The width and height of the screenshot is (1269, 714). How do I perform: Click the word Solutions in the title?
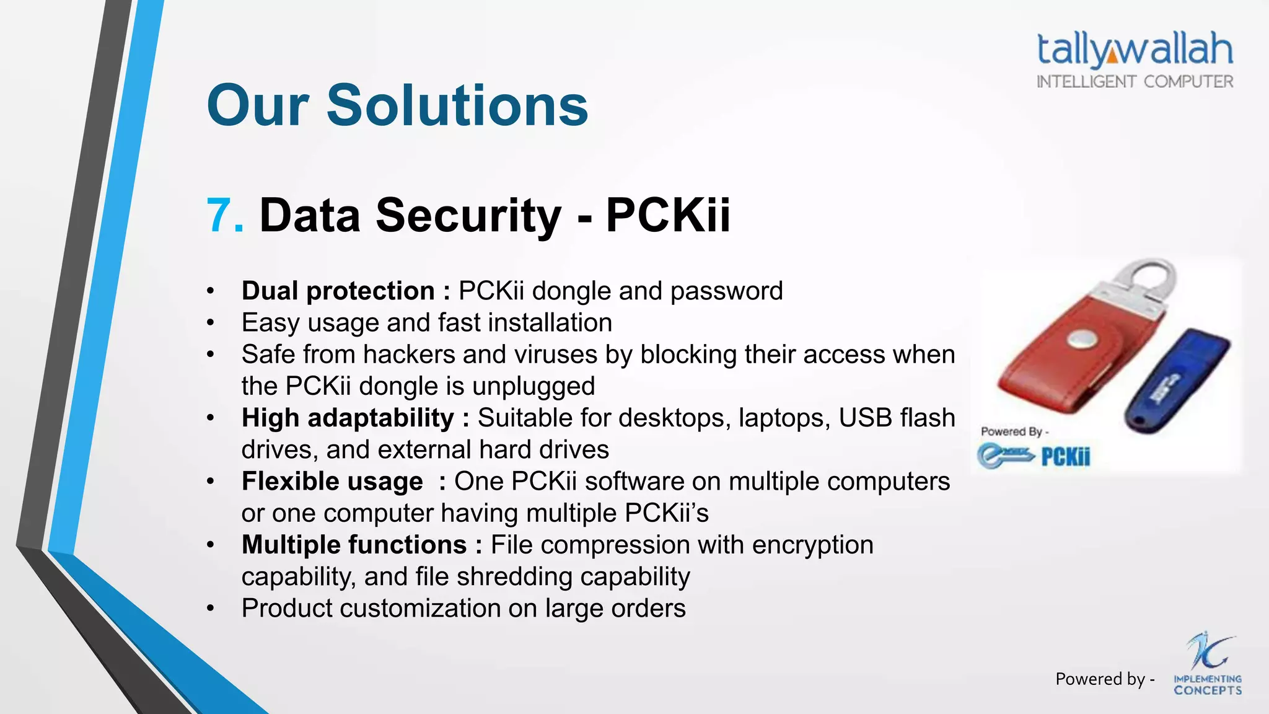[457, 105]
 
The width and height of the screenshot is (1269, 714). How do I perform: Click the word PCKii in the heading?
[667, 216]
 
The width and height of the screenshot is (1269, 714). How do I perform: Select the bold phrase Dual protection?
[338, 291]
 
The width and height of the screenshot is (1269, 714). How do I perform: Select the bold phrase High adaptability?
[348, 418]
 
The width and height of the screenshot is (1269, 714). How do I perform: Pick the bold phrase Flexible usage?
[332, 482]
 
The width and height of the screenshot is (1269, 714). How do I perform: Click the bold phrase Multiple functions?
[354, 545]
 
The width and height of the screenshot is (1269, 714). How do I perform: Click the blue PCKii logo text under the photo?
[1065, 457]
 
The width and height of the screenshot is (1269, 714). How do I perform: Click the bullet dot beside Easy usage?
[211, 323]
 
